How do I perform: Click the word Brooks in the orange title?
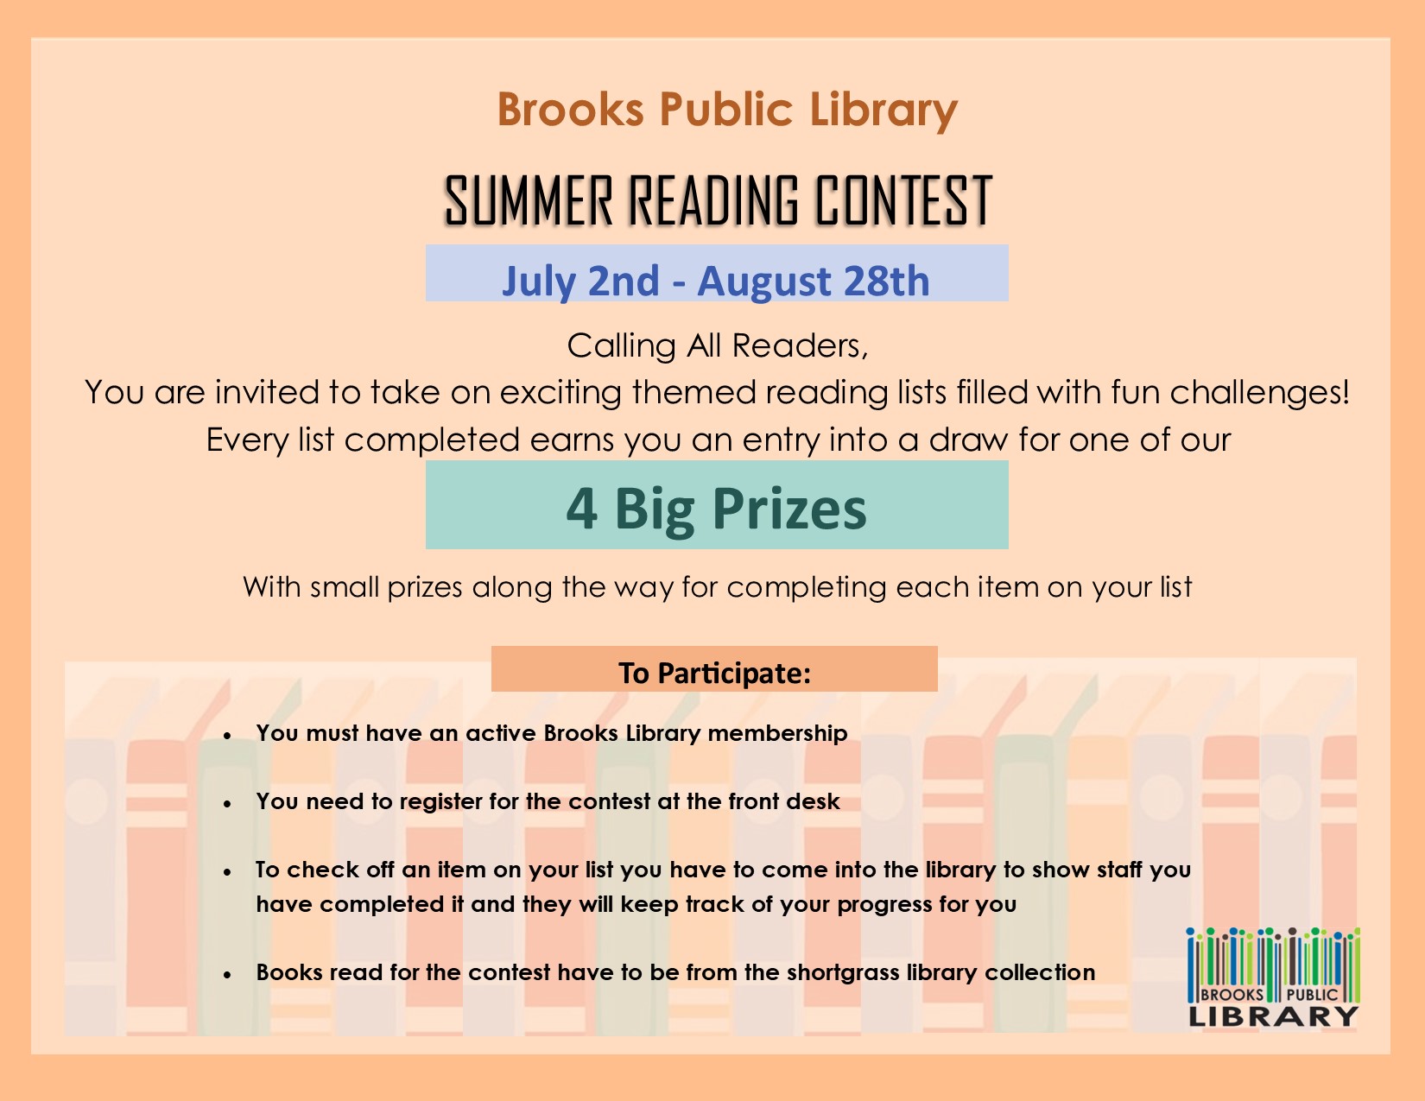[571, 109]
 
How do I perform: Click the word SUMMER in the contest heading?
[529, 200]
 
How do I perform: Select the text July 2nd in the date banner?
[580, 281]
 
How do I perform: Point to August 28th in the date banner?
[814, 281]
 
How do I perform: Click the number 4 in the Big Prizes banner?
[582, 509]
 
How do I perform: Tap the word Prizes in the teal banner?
[789, 510]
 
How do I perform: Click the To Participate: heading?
[715, 673]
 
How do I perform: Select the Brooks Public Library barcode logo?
[1274, 977]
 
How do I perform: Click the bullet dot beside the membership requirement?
[227, 736]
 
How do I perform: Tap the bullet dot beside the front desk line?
[227, 804]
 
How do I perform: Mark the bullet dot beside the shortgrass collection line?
[227, 975]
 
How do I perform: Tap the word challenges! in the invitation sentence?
[1260, 393]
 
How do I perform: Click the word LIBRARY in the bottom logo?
[1274, 1016]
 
